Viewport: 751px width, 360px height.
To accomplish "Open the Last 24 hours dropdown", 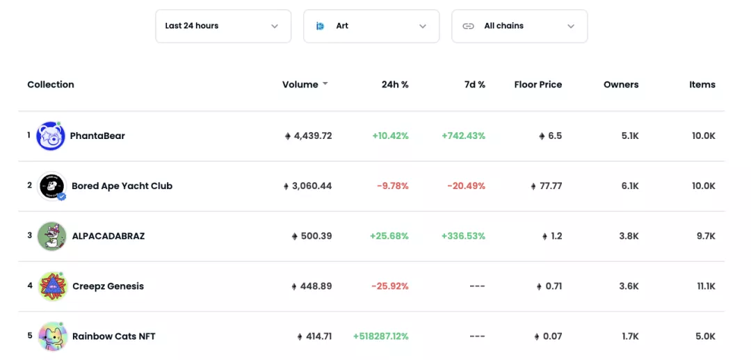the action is (223, 26).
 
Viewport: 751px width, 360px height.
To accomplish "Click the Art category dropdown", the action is (371, 26).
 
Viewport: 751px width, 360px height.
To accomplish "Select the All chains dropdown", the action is (519, 26).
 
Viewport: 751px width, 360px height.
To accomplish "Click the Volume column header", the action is (300, 85).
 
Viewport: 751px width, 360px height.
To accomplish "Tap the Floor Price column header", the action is (538, 85).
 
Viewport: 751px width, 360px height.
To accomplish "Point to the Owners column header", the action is (621, 85).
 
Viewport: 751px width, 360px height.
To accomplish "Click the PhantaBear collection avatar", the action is (51, 136).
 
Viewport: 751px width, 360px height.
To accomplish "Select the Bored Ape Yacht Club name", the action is (122, 186).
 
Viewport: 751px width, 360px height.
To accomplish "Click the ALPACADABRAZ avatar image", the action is (51, 236).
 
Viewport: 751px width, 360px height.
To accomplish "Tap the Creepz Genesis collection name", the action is (108, 286).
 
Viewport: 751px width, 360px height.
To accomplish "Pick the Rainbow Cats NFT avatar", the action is (53, 336).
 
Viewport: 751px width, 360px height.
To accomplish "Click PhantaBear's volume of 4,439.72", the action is (309, 136).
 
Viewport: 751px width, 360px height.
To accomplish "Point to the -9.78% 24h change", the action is (393, 186).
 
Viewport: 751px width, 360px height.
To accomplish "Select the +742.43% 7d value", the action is (464, 136).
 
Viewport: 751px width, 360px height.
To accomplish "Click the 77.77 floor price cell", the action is (547, 186).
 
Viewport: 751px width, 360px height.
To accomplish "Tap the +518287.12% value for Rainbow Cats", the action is (381, 336).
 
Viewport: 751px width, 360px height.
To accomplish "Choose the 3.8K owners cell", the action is (629, 236).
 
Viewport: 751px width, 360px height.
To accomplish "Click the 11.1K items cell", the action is (706, 286).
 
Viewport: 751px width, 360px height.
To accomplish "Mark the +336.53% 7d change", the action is (464, 236).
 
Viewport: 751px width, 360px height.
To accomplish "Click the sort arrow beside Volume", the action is (325, 84).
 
